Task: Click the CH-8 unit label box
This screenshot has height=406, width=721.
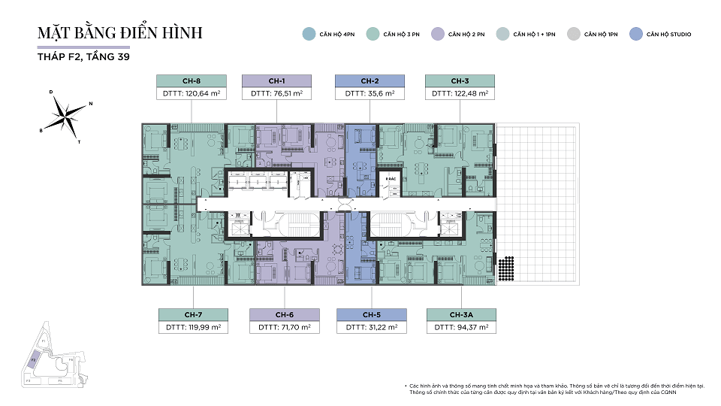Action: [x=191, y=81]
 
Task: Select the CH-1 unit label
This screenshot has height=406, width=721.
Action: [x=276, y=81]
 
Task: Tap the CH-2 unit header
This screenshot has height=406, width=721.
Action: [x=370, y=81]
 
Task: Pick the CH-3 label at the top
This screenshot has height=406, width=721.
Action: [x=460, y=81]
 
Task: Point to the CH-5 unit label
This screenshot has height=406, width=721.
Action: [x=372, y=314]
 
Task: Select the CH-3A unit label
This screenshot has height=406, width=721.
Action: [x=460, y=314]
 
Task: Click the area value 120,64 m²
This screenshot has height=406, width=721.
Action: [x=191, y=94]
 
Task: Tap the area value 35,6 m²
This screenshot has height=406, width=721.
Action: [x=370, y=94]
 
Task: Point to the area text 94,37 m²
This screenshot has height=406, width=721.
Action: [x=460, y=327]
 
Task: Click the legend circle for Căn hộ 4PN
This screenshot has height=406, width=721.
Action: [x=308, y=34]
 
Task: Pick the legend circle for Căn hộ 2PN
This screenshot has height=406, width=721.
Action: [x=437, y=34]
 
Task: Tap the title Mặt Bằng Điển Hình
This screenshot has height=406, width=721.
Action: [x=120, y=34]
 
